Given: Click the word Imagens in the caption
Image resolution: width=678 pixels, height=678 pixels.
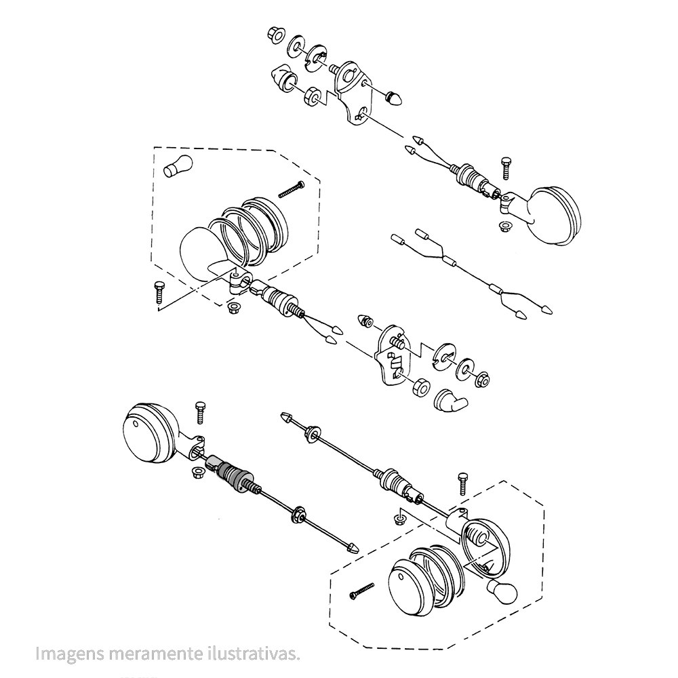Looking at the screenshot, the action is coord(70,654).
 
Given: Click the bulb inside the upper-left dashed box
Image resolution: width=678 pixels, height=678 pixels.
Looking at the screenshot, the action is coord(178,166).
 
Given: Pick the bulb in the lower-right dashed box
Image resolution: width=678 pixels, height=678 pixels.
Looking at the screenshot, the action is coord(502,591).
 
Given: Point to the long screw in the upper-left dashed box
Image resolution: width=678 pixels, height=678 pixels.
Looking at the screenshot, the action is coord(291,189).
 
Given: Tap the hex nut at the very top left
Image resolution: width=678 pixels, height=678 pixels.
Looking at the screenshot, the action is coord(275,35).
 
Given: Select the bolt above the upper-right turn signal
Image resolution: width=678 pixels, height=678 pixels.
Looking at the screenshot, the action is coord(506,168).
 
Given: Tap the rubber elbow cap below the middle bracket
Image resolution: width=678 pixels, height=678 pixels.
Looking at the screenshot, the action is coord(450,401).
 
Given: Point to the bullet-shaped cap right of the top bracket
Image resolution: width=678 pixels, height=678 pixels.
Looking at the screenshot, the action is coord(395,98).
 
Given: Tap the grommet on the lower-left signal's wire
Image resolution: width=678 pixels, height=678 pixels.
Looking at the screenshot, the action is coord(298,515).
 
